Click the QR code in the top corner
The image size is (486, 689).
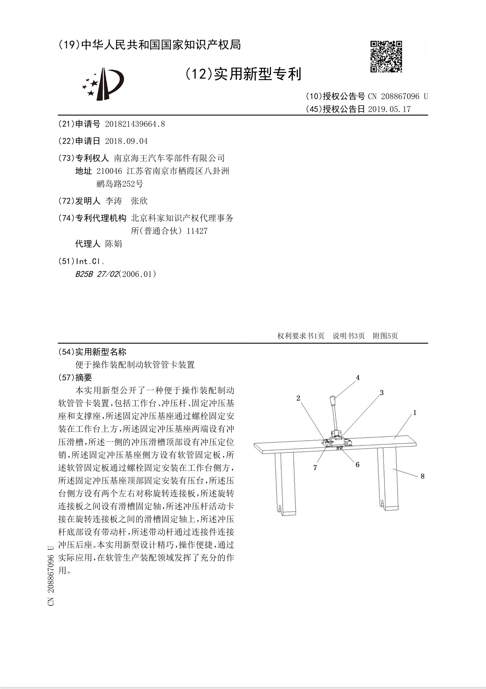(386, 57)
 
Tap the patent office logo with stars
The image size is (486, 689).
(103, 83)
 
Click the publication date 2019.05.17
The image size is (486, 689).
(389, 109)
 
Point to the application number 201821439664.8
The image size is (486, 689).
(135, 124)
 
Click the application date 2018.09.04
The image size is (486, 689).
(126, 141)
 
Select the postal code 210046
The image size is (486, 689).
(109, 171)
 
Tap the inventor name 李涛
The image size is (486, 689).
(114, 201)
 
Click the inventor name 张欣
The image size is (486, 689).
(139, 201)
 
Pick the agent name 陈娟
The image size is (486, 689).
(114, 244)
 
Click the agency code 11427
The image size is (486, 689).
(197, 231)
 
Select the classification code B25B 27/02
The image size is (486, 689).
(96, 274)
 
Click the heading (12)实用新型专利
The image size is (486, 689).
(243, 74)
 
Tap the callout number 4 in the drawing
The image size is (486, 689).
(358, 377)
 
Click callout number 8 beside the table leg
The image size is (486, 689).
(422, 476)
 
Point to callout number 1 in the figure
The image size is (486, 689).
(415, 412)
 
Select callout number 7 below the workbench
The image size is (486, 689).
(315, 468)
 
